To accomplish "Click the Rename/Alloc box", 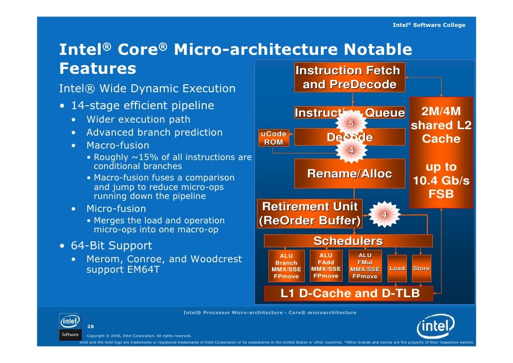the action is pyautogui.click(x=349, y=174).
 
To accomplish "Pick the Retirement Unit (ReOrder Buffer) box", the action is pyautogui.click(x=310, y=213).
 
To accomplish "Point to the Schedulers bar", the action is pyautogui.click(x=348, y=241).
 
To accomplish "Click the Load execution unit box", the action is pyautogui.click(x=397, y=268).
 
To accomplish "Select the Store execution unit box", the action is pyautogui.click(x=421, y=268).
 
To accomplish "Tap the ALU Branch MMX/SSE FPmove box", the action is pyautogui.click(x=286, y=266).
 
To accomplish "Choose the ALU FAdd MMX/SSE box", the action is pyautogui.click(x=326, y=266).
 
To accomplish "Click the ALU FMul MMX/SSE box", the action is pyautogui.click(x=365, y=266).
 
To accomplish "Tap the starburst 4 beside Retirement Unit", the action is pyautogui.click(x=384, y=214).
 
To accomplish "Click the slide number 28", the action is pyautogui.click(x=90, y=327).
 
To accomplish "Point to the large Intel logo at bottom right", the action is pyautogui.click(x=435, y=328).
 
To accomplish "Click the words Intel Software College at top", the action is pyautogui.click(x=429, y=25).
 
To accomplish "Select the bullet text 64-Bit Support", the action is pyautogui.click(x=111, y=246).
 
